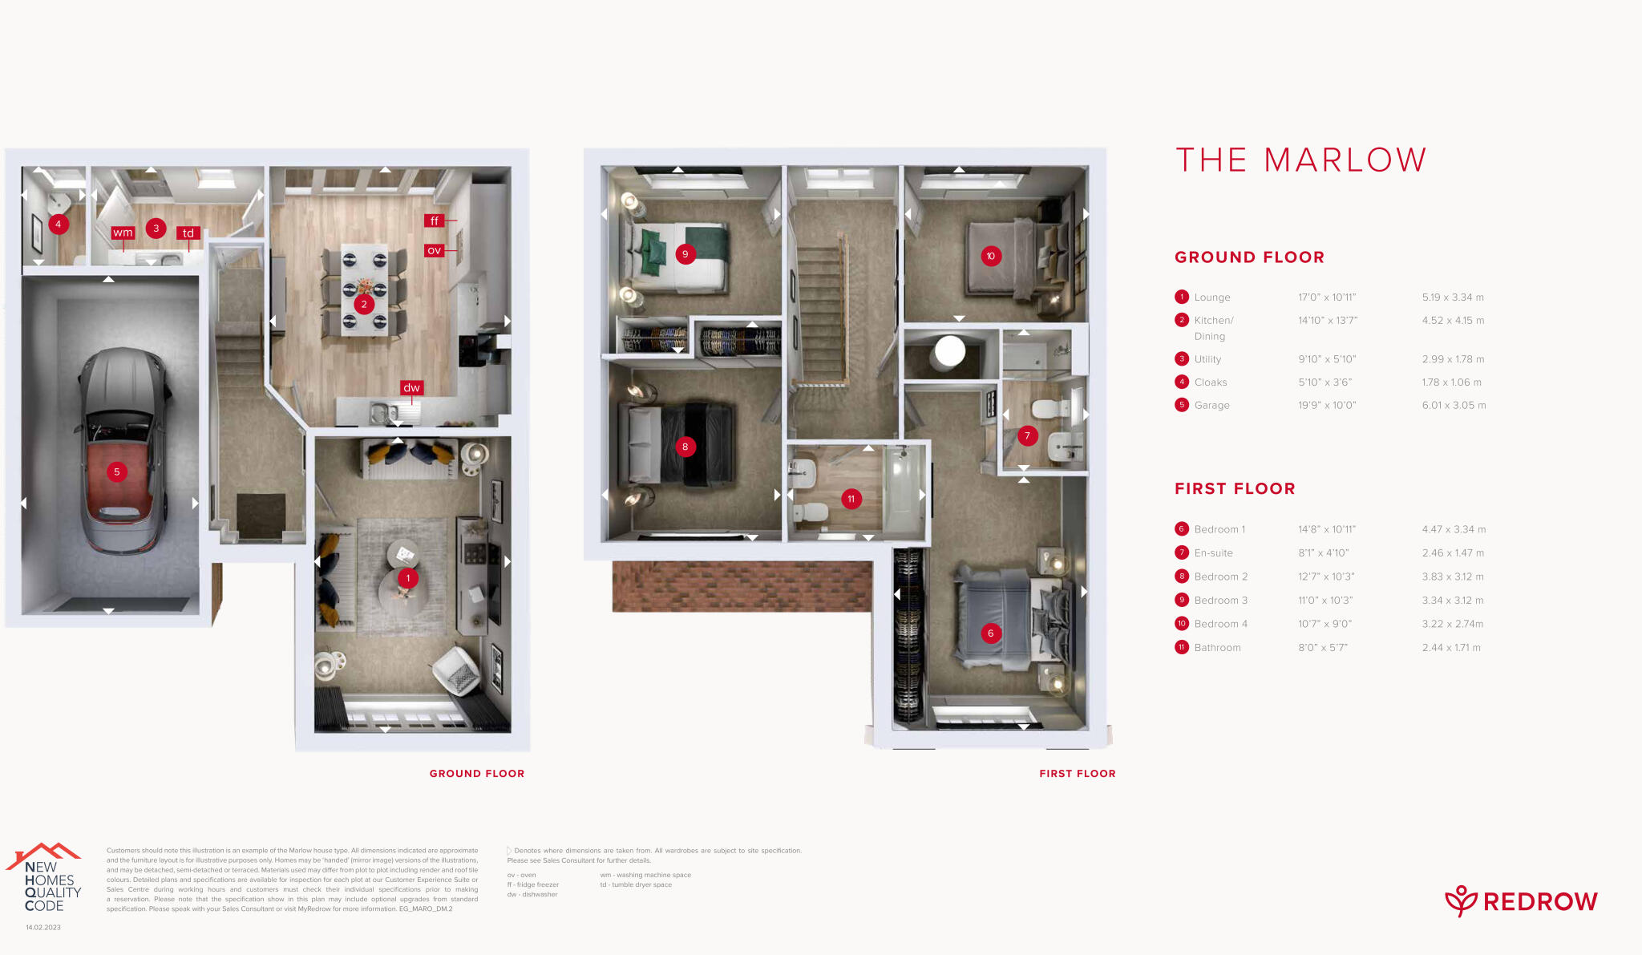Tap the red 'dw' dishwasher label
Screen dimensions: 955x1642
click(x=411, y=388)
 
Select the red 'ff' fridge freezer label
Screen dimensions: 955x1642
click(x=434, y=221)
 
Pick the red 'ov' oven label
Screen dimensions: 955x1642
click(x=434, y=250)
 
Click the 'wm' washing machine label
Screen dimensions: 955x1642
click(x=123, y=233)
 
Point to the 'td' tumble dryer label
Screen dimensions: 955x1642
click(x=188, y=233)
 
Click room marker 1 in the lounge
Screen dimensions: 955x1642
click(x=408, y=577)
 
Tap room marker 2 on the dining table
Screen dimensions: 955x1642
click(x=364, y=304)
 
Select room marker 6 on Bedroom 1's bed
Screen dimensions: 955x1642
click(x=990, y=633)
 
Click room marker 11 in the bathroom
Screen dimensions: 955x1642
click(x=851, y=499)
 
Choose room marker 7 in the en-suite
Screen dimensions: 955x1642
click(x=1027, y=436)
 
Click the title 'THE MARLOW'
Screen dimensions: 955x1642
click(x=1300, y=160)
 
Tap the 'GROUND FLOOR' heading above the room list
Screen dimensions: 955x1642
click(x=1249, y=257)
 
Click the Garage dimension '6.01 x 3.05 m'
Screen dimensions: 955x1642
click(x=1454, y=405)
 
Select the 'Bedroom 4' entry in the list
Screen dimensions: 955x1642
click(x=1220, y=624)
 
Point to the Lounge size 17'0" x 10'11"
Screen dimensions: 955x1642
click(x=1327, y=297)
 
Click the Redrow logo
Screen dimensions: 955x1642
click(x=1521, y=901)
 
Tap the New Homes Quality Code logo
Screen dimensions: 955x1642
click(x=45, y=879)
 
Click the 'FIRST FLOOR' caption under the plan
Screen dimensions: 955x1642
click(x=1077, y=774)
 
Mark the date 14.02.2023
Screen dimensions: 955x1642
click(x=43, y=928)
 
